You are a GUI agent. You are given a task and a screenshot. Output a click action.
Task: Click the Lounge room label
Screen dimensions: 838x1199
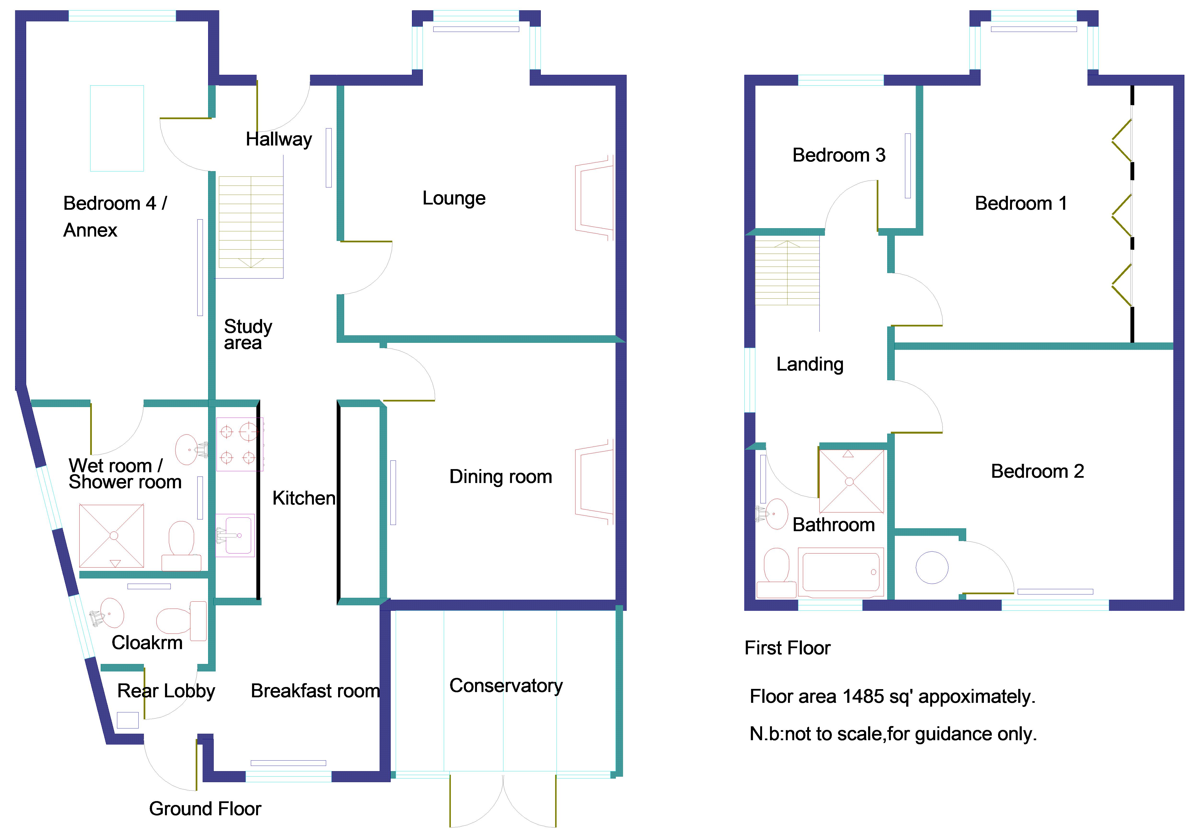tap(454, 198)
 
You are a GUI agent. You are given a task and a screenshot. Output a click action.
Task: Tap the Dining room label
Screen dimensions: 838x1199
tap(500, 477)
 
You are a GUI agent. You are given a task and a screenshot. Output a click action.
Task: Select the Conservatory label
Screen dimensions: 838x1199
tap(505, 686)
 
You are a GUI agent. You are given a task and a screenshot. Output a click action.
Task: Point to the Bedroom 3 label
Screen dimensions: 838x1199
tap(839, 155)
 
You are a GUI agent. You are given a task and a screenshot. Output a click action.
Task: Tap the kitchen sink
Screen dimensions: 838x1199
tap(236, 535)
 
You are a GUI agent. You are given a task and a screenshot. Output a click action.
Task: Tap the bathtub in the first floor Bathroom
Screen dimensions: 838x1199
tap(840, 572)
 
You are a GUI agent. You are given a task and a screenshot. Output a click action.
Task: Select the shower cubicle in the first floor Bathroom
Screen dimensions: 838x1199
tap(851, 481)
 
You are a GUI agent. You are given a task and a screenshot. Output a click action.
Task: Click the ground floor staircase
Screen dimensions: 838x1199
tap(251, 222)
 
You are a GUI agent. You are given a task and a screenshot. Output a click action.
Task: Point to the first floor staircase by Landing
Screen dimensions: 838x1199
tap(787, 272)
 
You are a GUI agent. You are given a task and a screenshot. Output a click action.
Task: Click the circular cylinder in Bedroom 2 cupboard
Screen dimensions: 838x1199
tap(932, 568)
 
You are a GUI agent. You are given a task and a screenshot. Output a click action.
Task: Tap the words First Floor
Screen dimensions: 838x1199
tap(787, 648)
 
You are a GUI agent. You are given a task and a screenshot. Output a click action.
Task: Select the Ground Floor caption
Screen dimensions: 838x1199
tap(205, 809)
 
